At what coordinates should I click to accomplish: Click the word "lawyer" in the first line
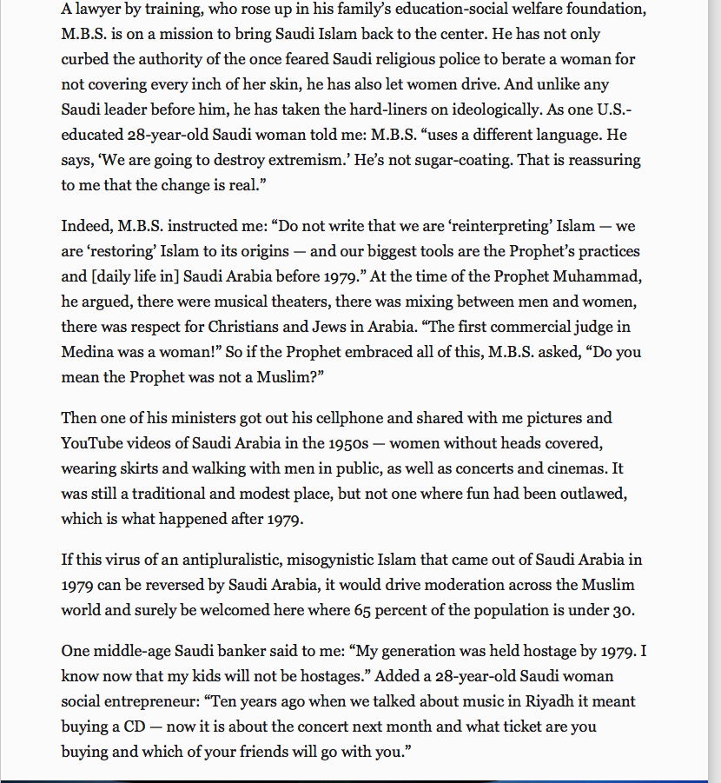(100, 9)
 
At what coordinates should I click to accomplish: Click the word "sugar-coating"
(448, 160)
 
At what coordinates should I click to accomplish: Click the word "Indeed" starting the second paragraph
(84, 226)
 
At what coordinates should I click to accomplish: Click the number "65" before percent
(362, 610)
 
